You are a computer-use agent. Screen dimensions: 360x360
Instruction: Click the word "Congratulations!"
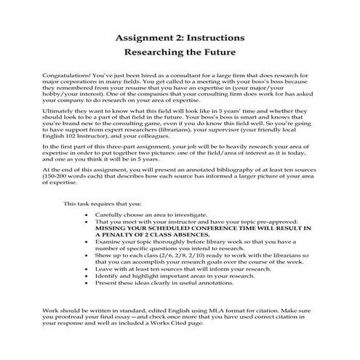point(63,76)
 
